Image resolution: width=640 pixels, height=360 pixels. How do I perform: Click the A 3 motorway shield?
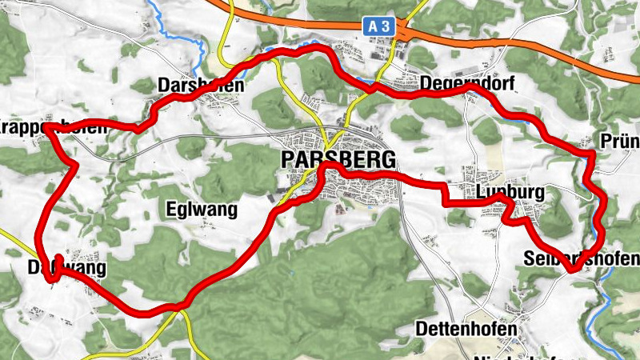[380, 26]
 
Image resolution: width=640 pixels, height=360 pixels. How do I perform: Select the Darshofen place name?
[201, 85]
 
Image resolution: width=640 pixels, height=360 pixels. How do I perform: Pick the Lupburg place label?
[510, 193]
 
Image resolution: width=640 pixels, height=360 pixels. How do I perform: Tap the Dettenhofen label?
[466, 329]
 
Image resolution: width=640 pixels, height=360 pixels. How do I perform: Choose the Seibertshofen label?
[582, 258]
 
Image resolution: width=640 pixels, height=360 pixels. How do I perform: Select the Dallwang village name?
[66, 269]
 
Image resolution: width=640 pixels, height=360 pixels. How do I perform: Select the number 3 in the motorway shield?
[386, 26]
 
